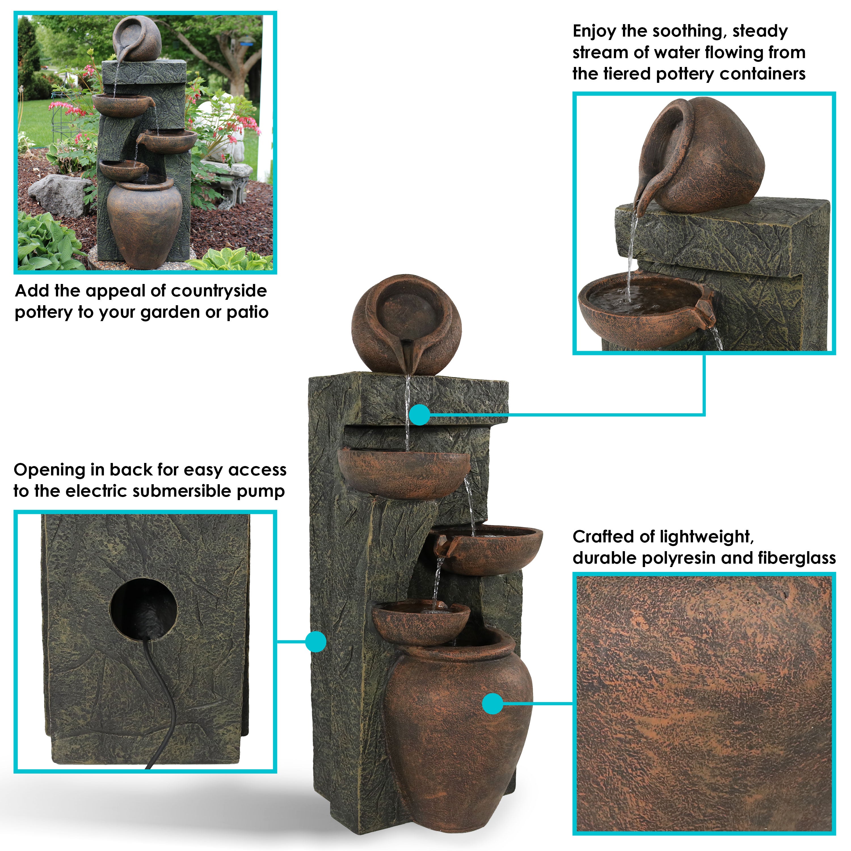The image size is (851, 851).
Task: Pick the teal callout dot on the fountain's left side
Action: (315, 641)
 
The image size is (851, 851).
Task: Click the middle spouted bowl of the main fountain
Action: (487, 547)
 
